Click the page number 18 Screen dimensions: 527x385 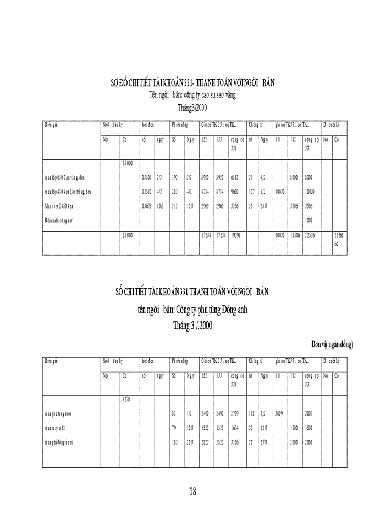tap(193, 491)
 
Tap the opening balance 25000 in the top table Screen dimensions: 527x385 tap(127, 162)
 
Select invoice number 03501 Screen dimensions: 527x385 tap(146, 177)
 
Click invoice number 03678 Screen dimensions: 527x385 tap(146, 206)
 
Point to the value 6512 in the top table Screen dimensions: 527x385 tap(235, 177)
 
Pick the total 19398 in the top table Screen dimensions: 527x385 tap(235, 235)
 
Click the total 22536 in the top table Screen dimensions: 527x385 tap(310, 235)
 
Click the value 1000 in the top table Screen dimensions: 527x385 tap(309, 220)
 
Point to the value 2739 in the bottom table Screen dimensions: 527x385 tap(235, 413)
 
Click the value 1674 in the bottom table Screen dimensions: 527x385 tap(235, 427)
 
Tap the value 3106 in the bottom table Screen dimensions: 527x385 tap(235, 441)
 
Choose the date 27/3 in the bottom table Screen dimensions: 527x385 tap(263, 441)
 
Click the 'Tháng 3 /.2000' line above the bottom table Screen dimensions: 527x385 tap(193, 326)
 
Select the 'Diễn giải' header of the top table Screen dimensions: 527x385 tap(52, 125)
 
